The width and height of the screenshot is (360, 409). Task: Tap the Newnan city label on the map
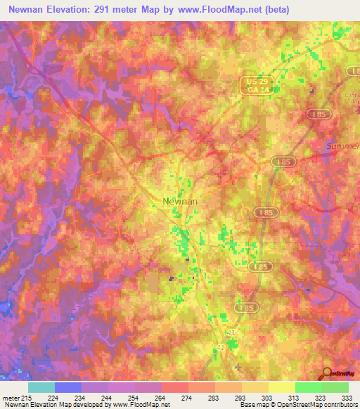click(x=180, y=201)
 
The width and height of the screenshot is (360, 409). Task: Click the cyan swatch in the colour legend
click(x=41, y=387)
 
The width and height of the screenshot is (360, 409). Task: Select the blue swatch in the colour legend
click(x=68, y=387)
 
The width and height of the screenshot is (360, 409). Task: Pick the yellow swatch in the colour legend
click(x=282, y=387)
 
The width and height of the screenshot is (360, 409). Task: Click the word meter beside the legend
click(x=10, y=398)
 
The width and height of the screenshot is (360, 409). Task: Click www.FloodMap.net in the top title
click(x=217, y=9)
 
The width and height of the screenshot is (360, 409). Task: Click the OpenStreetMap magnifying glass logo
click(x=326, y=374)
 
